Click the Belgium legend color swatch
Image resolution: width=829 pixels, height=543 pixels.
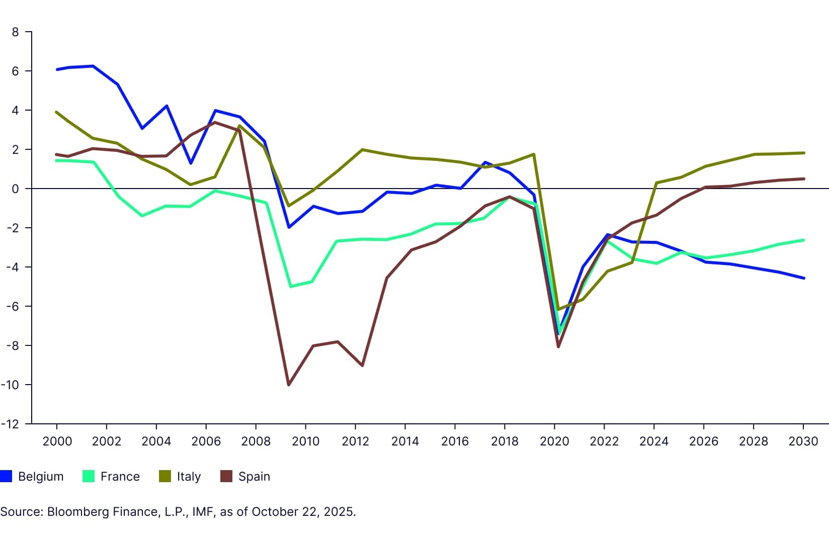6,476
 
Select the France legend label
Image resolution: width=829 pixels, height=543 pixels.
120,476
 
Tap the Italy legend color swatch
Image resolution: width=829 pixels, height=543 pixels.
164,476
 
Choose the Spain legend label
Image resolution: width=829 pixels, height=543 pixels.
254,476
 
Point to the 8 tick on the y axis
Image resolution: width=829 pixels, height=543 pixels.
15,32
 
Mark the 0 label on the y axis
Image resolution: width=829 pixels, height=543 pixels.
15,189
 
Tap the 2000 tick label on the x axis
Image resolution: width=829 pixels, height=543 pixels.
57,441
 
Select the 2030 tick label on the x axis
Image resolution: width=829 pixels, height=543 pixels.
803,441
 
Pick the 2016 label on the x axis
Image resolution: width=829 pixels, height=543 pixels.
455,441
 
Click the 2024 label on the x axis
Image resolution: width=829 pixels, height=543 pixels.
654,441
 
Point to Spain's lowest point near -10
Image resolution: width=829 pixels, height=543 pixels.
289,385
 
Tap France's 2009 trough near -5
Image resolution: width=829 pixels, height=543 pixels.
291,287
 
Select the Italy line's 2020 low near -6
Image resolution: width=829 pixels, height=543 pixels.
558,309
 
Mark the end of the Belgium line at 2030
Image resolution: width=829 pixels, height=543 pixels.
803,278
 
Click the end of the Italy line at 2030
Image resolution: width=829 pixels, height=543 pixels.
803,153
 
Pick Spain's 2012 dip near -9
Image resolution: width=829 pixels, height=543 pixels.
362,366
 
